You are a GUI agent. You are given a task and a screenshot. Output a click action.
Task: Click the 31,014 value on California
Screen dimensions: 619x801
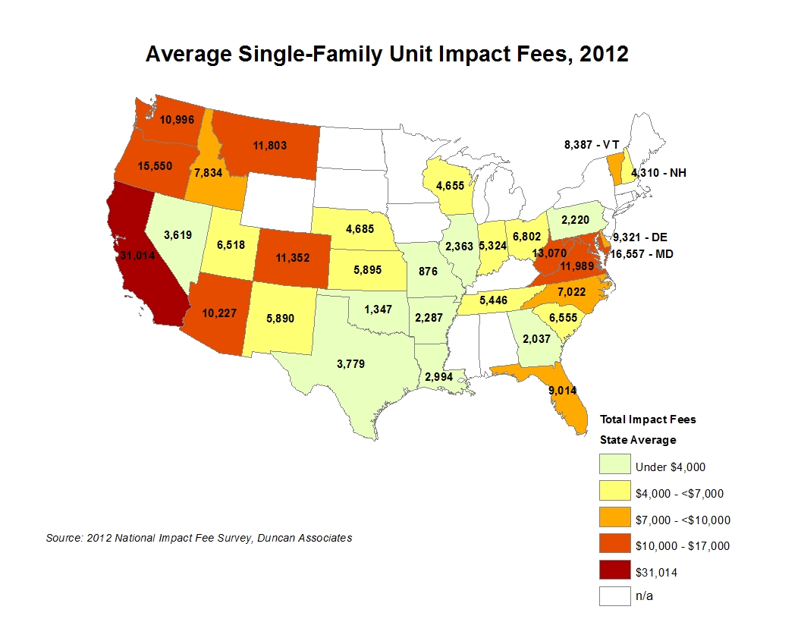click(137, 256)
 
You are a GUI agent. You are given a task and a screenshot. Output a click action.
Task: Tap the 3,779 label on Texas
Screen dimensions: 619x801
click(350, 364)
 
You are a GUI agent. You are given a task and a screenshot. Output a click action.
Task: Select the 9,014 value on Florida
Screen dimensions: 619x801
click(562, 391)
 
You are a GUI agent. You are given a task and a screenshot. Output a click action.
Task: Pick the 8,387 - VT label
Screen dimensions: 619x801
click(592, 143)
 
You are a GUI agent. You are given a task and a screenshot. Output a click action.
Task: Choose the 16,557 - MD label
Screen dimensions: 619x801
click(646, 254)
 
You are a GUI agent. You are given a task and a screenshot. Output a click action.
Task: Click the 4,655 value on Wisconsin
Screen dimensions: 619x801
click(451, 184)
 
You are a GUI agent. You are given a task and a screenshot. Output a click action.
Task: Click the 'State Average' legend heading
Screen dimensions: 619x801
click(637, 440)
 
